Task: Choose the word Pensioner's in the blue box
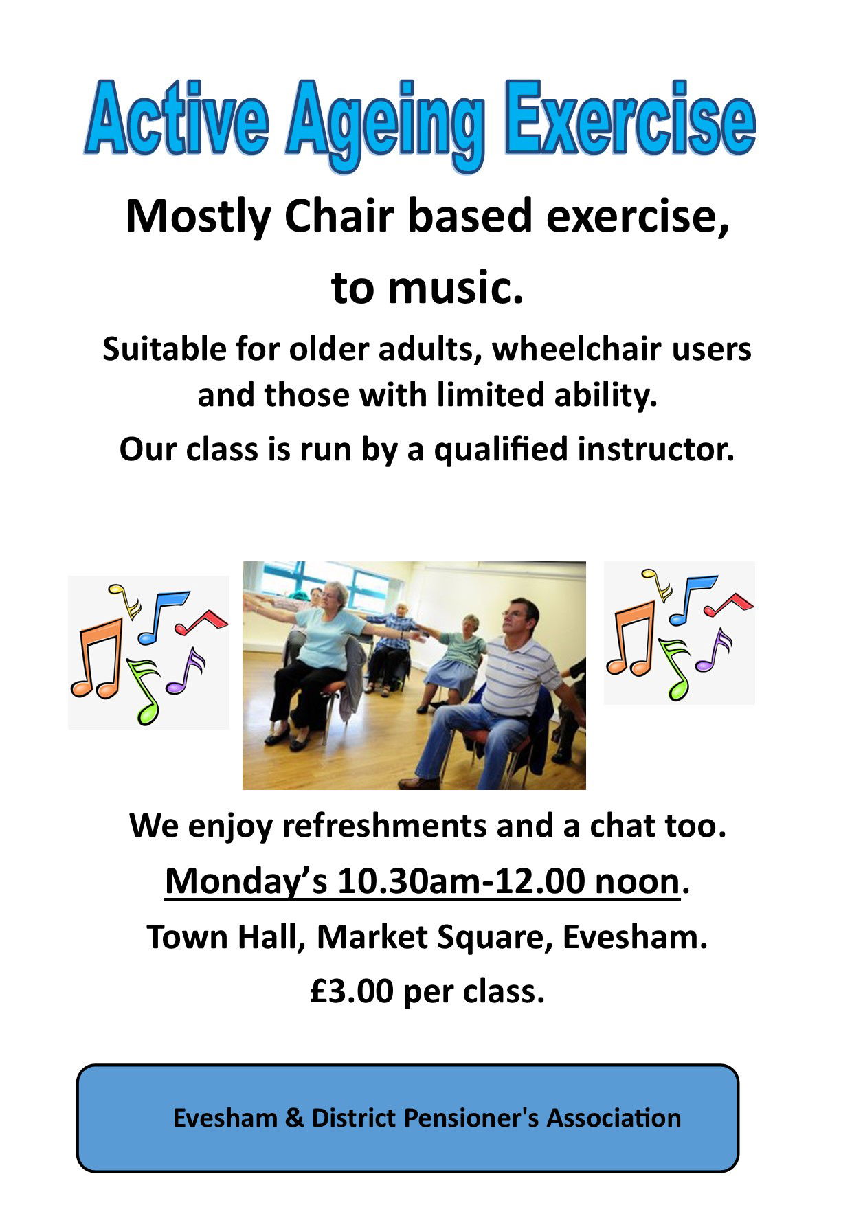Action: [x=471, y=1118]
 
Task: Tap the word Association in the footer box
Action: [x=614, y=1118]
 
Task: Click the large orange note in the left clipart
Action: [x=98, y=659]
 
